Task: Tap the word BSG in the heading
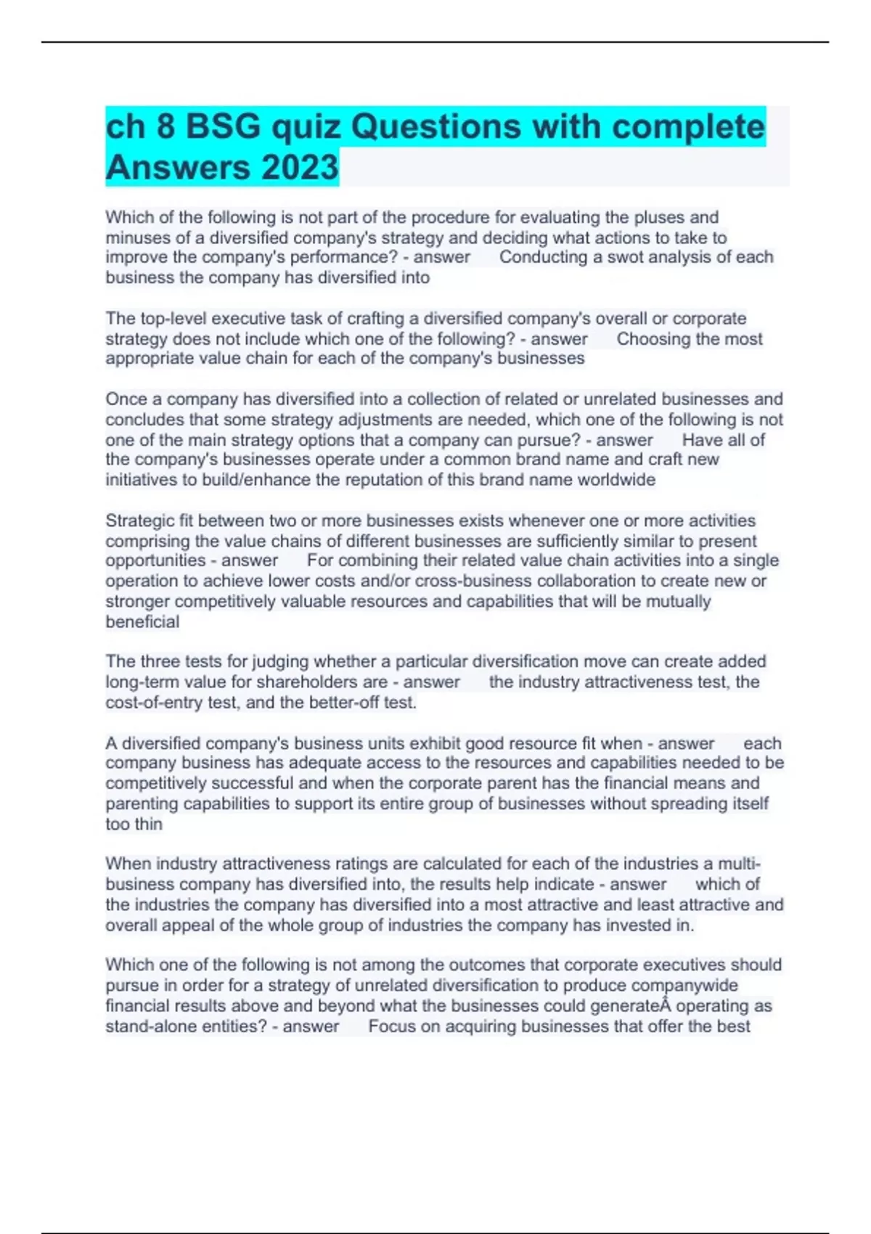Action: [224, 126]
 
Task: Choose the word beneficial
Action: [142, 622]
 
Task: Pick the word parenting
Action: [142, 804]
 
